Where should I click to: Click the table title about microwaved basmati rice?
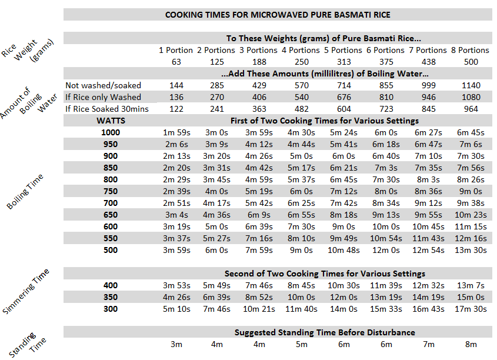[x=278, y=14]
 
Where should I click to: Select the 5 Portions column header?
[x=343, y=50]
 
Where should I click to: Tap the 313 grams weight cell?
[x=343, y=62]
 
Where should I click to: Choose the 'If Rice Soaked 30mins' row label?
[x=107, y=109]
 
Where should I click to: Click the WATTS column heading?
[x=111, y=121]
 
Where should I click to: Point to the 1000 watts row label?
[x=111, y=132]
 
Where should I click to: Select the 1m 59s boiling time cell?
[x=176, y=132]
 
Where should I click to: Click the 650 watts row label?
[x=111, y=215]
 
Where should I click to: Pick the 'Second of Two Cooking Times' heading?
[x=325, y=274]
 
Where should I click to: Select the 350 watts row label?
[x=111, y=297]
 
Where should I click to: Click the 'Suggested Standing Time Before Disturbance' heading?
[x=325, y=332]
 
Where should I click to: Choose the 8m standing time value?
[x=471, y=344]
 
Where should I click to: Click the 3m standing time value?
[x=176, y=344]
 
